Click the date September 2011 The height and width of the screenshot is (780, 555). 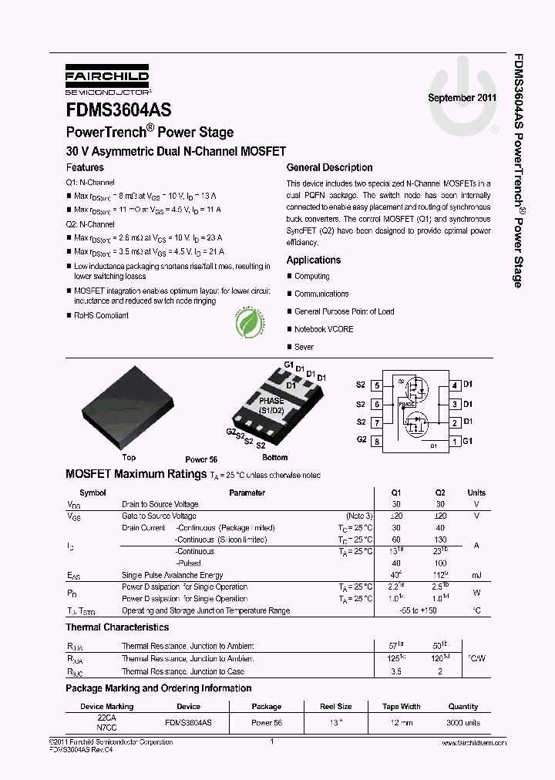pos(462,99)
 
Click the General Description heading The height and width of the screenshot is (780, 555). pos(329,167)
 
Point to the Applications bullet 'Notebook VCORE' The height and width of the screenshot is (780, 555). pos(324,329)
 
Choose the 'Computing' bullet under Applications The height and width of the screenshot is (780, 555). pos(311,276)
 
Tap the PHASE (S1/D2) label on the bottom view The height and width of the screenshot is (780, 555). pos(271,405)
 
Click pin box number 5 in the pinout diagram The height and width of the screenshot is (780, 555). pos(376,385)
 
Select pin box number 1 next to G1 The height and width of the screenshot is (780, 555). pos(456,442)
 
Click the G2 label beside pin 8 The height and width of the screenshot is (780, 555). pos(361,439)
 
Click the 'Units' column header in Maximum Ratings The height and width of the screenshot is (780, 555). pos(476,493)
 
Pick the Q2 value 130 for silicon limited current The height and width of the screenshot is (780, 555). pos(440,540)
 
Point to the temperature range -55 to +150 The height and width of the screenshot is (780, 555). pos(418,610)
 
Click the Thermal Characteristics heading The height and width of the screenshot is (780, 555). pos(117,628)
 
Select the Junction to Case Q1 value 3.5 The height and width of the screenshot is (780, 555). pos(396,671)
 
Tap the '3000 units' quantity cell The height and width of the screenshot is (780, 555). pos(463,722)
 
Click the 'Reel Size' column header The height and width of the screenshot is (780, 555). pos(336,706)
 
